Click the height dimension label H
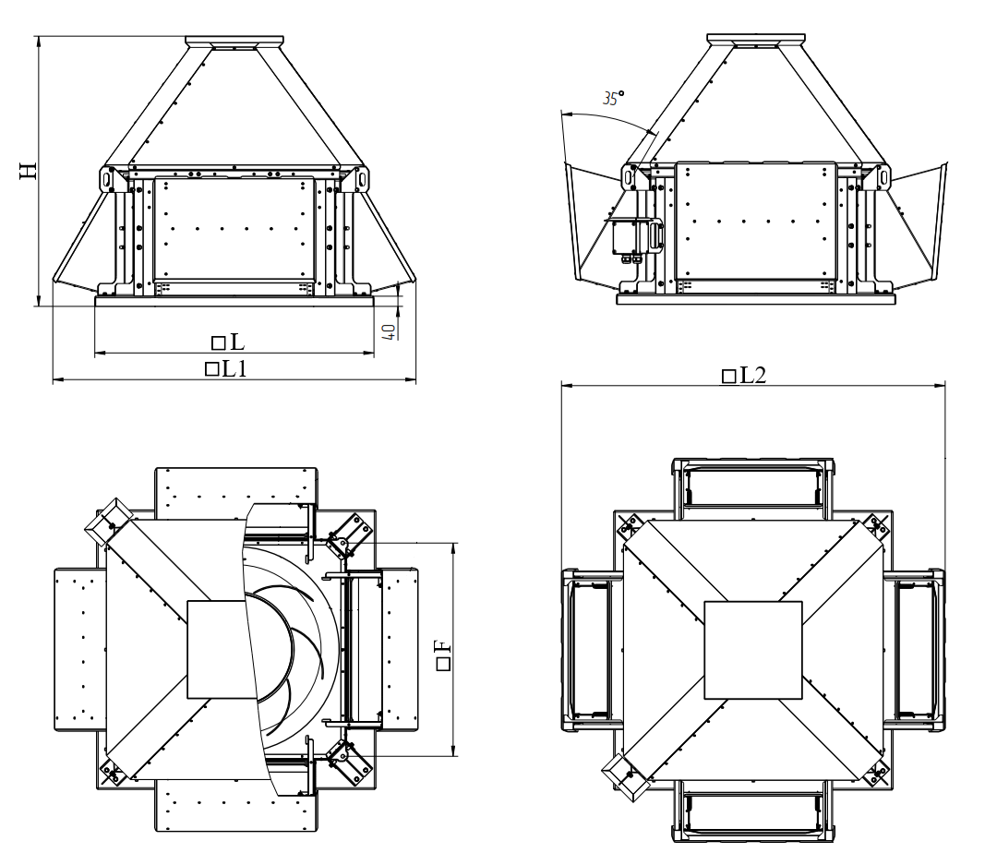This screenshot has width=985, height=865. click(x=29, y=170)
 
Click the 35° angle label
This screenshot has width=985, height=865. click(x=613, y=98)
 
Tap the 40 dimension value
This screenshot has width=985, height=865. click(x=390, y=331)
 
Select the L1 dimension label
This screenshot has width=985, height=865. click(x=226, y=368)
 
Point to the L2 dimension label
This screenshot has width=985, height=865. click(x=744, y=376)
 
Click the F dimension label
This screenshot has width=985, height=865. click(x=443, y=655)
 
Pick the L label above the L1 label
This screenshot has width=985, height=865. click(x=228, y=342)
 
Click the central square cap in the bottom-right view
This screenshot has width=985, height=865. click(x=752, y=650)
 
